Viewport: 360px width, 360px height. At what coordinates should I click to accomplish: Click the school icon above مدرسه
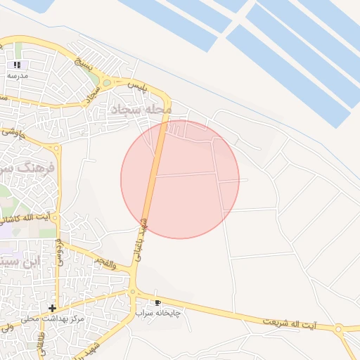[18, 65]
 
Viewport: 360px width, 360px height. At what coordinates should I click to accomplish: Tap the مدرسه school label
[18, 75]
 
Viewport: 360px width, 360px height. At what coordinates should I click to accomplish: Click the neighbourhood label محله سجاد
[141, 109]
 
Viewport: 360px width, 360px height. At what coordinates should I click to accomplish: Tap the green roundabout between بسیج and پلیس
[107, 82]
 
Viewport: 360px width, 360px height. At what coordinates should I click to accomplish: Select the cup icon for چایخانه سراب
[157, 301]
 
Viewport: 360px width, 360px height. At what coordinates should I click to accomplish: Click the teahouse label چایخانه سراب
[157, 311]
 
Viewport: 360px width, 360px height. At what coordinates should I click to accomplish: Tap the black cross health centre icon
[52, 308]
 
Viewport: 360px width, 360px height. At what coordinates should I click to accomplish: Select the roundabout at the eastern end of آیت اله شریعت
[339, 328]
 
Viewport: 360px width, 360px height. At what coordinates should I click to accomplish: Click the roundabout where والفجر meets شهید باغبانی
[131, 291]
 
